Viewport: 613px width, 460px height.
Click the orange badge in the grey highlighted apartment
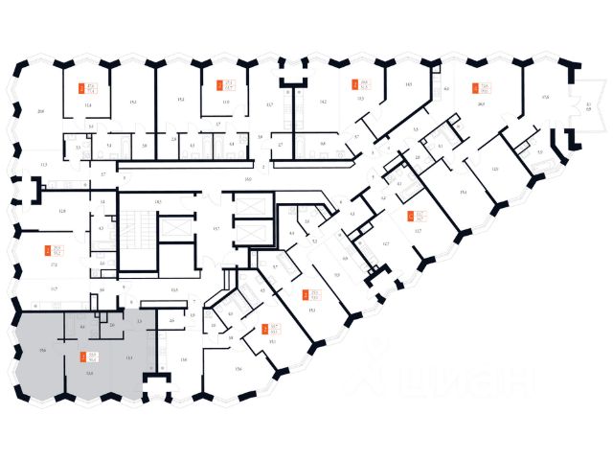(x=81, y=356)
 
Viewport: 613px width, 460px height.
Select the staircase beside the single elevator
(x=135, y=223)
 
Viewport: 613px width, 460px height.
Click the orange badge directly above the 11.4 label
(x=81, y=87)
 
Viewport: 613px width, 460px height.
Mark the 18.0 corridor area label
(x=247, y=179)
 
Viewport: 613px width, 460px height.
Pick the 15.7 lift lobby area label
(x=216, y=229)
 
